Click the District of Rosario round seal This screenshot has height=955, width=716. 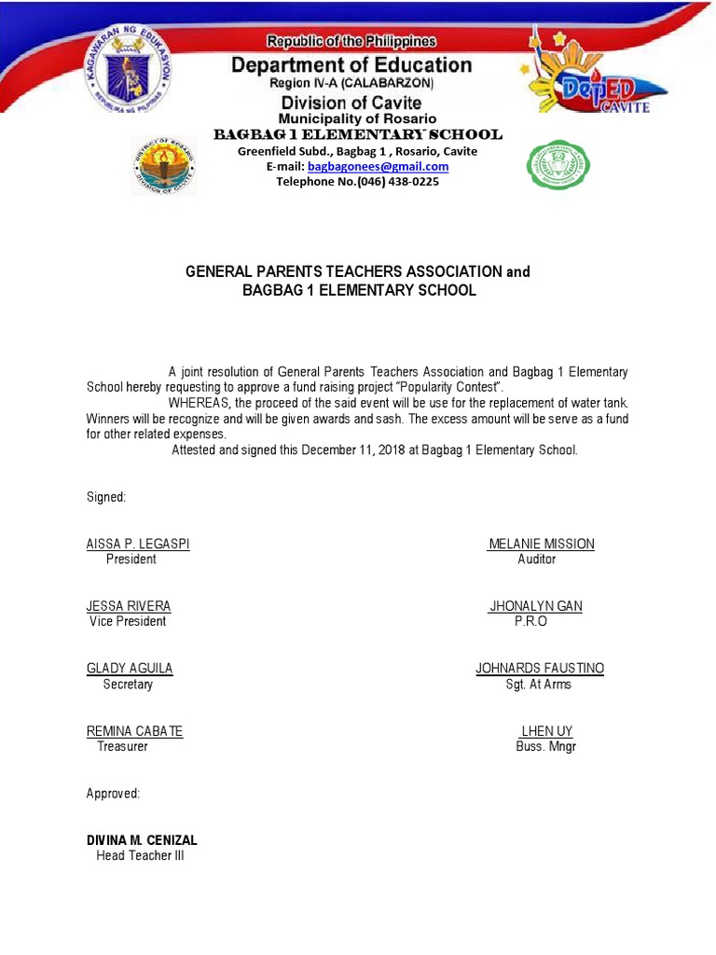click(164, 164)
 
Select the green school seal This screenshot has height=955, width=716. click(559, 165)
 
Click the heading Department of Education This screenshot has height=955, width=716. click(351, 65)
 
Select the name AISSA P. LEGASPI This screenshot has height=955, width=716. click(138, 544)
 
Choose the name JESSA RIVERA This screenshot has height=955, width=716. click(129, 606)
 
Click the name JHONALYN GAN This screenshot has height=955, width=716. click(536, 606)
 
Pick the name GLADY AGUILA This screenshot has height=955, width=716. click(130, 669)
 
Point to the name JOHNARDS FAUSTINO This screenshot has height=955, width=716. click(540, 669)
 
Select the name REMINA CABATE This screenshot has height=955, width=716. click(134, 731)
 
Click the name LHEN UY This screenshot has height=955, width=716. click(546, 731)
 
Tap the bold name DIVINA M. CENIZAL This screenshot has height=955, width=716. click(142, 840)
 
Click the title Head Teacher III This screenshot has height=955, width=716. click(141, 855)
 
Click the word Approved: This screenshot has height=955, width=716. click(113, 794)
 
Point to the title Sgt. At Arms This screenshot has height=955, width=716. click(539, 685)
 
